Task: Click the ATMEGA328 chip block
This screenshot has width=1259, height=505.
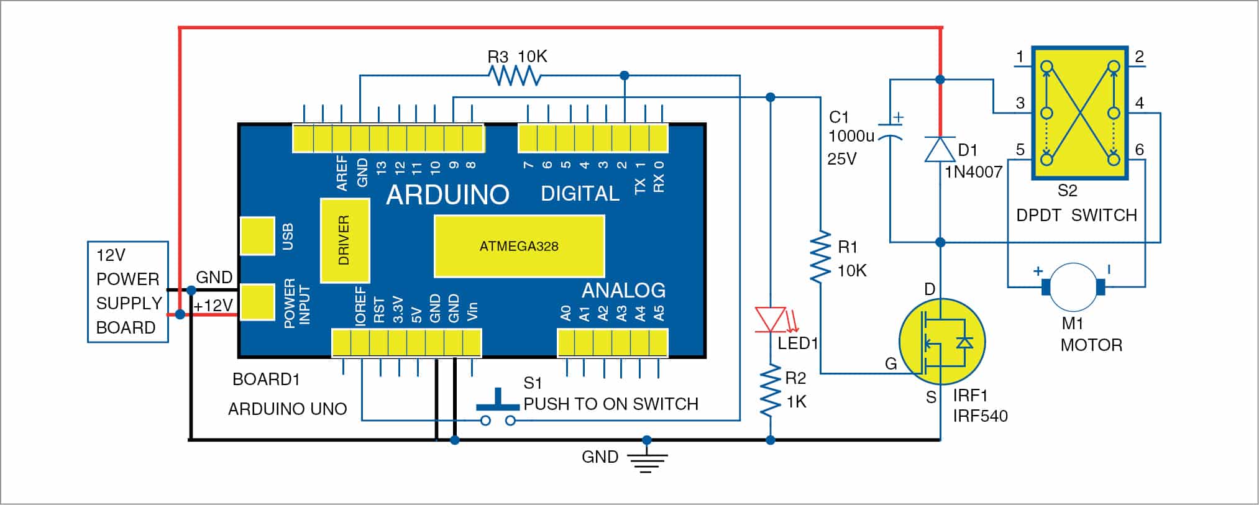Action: click(x=519, y=246)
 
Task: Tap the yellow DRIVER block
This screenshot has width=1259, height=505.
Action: click(x=345, y=240)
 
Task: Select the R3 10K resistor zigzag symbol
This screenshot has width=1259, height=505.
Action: click(x=514, y=76)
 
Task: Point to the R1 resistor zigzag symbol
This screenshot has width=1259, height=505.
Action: click(x=821, y=257)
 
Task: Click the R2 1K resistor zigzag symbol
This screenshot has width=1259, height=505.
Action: click(x=771, y=391)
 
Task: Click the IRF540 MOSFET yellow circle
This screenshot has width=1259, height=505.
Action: click(x=942, y=342)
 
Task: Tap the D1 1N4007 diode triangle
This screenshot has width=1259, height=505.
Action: click(x=940, y=150)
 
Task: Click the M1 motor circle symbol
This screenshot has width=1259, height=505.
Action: click(x=1073, y=286)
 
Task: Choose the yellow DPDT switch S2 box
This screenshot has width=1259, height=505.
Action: click(x=1080, y=113)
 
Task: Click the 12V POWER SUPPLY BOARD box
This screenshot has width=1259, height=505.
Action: click(x=128, y=291)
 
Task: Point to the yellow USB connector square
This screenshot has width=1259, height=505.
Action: click(x=257, y=236)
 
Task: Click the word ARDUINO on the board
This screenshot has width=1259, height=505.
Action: click(x=447, y=195)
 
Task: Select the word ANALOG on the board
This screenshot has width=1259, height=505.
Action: click(x=623, y=290)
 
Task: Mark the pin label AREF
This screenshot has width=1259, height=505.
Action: click(x=342, y=173)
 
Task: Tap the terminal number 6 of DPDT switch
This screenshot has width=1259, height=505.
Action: click(x=1139, y=150)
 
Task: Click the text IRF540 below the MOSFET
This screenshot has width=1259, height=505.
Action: click(x=980, y=416)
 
